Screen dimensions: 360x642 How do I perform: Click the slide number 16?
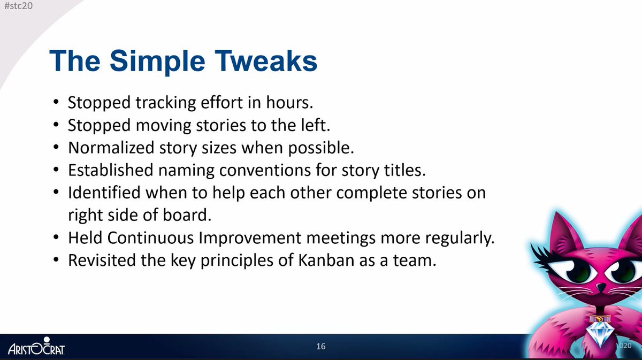pyautogui.click(x=320, y=346)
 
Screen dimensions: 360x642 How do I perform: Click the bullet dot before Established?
pyautogui.click(x=57, y=170)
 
